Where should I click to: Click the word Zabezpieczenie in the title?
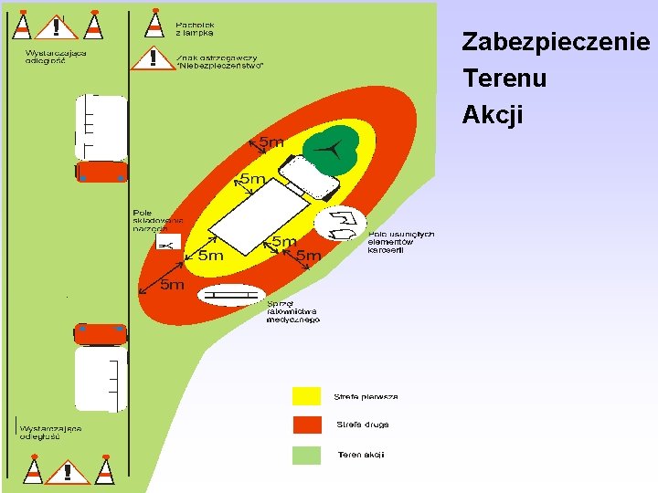tap(556, 42)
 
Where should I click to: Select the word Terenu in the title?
tap(504, 79)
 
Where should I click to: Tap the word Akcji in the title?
tap(492, 115)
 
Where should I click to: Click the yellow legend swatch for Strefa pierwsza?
tap(306, 395)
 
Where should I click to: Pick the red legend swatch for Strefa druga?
tap(306, 425)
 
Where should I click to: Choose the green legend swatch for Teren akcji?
tap(306, 454)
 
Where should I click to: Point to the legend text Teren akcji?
tap(361, 454)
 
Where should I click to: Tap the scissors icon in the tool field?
tap(167, 245)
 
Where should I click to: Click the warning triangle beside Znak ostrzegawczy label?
tap(152, 58)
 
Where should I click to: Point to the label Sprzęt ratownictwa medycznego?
tap(292, 312)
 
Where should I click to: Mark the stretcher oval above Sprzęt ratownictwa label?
tap(232, 294)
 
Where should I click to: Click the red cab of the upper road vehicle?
tap(101, 172)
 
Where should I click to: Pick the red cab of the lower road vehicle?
tap(100, 333)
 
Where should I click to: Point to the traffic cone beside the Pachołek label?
tap(154, 24)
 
